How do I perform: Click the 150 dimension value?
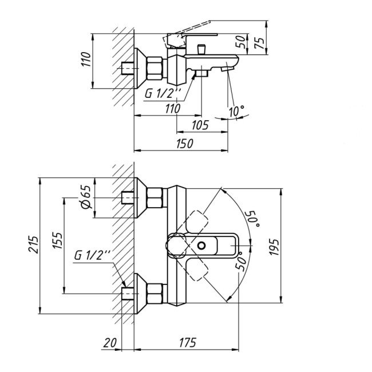click(184, 144)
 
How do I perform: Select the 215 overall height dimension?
click(33, 246)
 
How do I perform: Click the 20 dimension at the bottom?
click(110, 343)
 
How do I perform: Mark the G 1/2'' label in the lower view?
click(92, 256)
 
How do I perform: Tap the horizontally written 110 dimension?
click(172, 108)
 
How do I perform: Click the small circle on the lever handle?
click(201, 245)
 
